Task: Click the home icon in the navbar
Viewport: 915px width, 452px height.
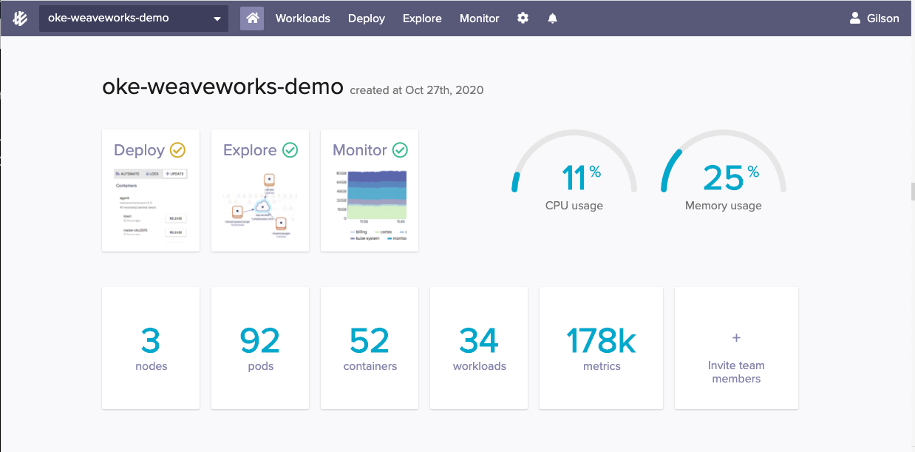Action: tap(252, 18)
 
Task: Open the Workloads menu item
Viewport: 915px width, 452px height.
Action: tap(302, 18)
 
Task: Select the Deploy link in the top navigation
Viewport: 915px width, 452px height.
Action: tap(366, 18)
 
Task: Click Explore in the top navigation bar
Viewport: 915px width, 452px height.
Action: tap(422, 18)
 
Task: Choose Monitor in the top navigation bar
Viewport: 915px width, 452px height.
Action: tap(479, 18)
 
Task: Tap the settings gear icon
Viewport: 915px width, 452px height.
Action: tap(523, 18)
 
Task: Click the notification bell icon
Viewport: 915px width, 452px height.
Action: tap(552, 18)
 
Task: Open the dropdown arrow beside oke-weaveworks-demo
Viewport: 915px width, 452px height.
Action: tap(217, 19)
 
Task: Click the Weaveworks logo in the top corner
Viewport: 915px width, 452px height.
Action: tap(20, 18)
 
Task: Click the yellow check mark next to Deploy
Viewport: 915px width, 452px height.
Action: tap(177, 150)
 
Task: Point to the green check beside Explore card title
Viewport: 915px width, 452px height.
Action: tap(290, 150)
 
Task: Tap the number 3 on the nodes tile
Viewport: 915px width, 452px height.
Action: tap(151, 340)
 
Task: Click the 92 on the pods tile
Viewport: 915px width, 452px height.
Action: tap(260, 340)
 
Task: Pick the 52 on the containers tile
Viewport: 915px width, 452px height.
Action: tap(370, 340)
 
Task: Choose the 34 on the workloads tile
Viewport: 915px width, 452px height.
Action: tap(479, 340)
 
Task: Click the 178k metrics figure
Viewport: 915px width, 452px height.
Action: tap(601, 340)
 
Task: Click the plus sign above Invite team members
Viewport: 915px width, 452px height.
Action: tap(736, 338)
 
